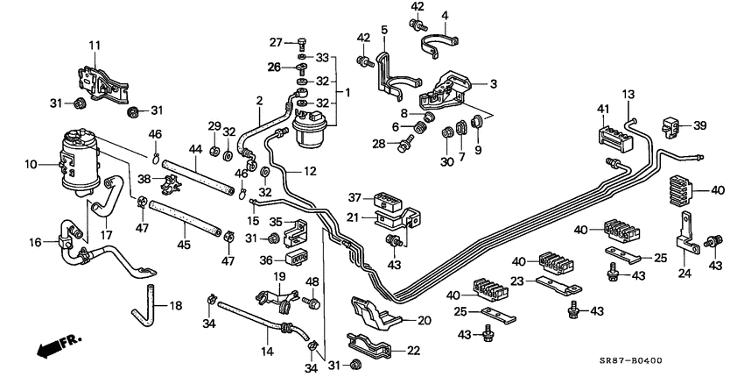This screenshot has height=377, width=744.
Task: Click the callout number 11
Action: (94, 46)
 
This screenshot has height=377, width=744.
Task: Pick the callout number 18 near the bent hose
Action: (176, 306)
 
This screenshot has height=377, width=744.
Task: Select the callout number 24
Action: (684, 272)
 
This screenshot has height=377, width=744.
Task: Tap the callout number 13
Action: (628, 95)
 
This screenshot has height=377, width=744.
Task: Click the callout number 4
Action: (445, 16)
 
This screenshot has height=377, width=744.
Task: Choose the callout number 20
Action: (424, 321)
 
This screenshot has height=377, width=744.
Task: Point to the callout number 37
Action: (354, 197)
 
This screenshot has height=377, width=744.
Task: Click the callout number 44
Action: (195, 150)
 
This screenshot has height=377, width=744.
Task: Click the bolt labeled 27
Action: (302, 41)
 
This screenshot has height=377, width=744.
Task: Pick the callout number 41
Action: (602, 110)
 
